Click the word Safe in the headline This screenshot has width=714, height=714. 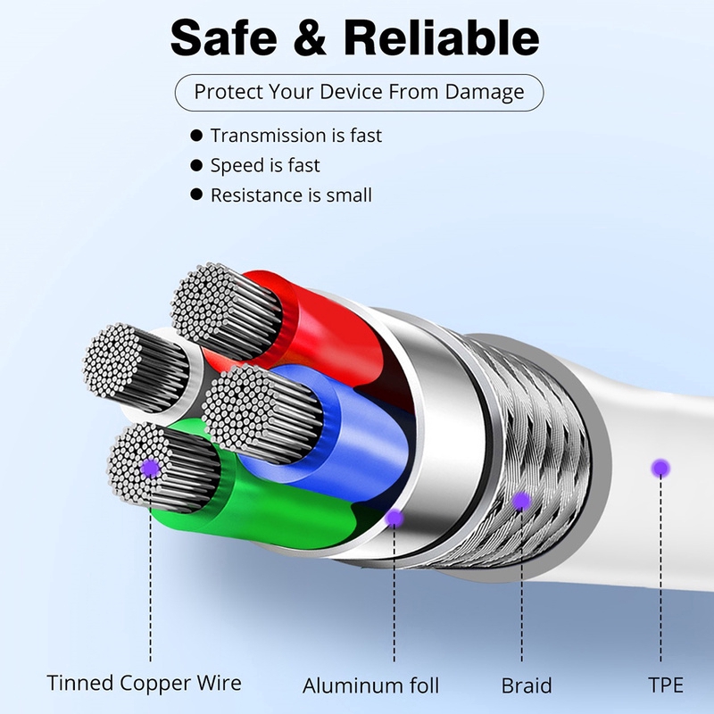pos(224,37)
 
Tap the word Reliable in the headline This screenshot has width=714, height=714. pos(441,37)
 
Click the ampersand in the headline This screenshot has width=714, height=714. pos(310,37)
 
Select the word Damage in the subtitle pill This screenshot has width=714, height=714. pos(485,93)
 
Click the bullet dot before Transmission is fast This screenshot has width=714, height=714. pos(196,136)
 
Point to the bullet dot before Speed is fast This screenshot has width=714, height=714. pos(196,165)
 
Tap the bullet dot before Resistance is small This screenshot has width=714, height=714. pos(196,195)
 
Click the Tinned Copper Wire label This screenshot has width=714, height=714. pos(144,683)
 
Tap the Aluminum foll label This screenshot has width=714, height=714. pos(370,685)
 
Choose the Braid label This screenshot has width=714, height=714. pos(527,685)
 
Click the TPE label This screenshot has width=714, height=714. pos(666,685)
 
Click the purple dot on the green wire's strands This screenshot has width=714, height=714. pos(150,468)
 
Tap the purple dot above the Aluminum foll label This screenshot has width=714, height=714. pos(394,518)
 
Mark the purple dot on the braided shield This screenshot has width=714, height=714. pos(521,502)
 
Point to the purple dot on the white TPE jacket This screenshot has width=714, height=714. pos(660,468)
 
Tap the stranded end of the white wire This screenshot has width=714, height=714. pos(112,360)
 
